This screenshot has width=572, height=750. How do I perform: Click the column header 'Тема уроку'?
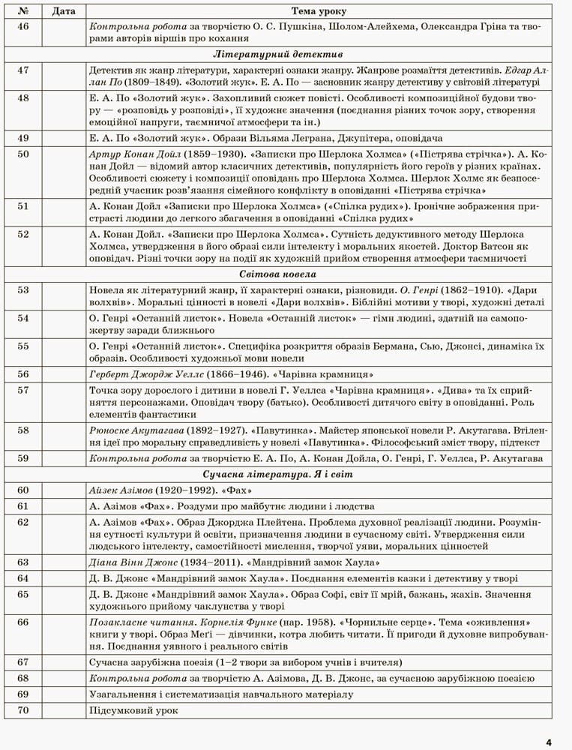pos(318,11)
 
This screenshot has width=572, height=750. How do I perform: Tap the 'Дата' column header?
pos(63,11)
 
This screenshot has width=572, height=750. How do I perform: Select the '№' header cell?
pos(22,11)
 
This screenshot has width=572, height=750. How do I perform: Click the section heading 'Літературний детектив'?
pos(277,55)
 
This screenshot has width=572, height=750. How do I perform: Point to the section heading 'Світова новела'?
pos(277,274)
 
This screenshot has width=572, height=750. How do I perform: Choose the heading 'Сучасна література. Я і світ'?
pos(277,475)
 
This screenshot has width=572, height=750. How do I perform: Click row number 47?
pos(22,70)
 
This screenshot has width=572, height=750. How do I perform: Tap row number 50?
pos(22,154)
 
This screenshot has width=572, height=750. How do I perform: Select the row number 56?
pos(22,374)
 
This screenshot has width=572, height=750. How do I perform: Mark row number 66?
pos(22,622)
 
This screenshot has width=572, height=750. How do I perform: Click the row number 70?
pos(22,709)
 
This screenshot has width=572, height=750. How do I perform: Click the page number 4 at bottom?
pos(549,742)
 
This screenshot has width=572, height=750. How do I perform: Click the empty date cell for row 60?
pos(63,490)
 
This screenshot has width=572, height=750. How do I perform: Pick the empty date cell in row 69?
pos(63,694)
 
